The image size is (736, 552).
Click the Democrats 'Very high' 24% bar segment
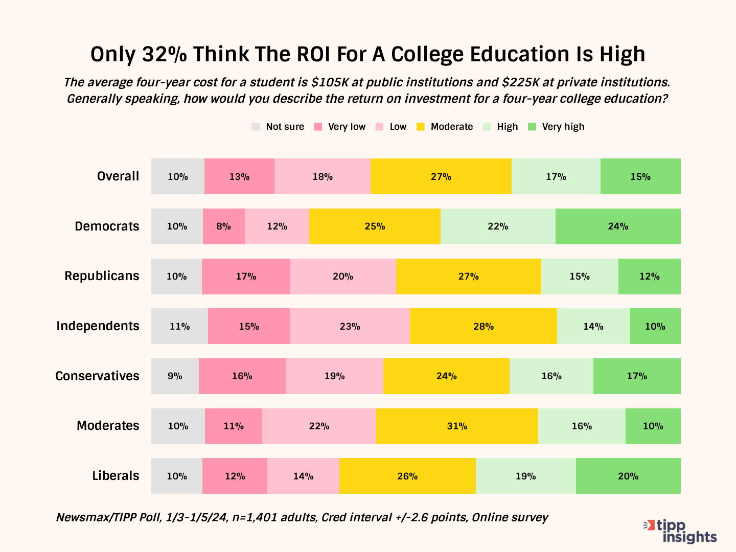618,226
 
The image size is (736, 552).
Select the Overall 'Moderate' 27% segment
441,176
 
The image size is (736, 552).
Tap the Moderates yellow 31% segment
457,426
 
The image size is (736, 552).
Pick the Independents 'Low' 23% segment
350,326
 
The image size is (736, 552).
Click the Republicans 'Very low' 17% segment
246,277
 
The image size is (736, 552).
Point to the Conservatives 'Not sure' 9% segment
175,376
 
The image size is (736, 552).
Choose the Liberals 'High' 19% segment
525,476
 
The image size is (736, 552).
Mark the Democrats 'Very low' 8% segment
223,226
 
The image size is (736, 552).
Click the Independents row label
98,326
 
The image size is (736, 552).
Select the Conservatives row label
97,376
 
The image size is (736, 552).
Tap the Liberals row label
116,476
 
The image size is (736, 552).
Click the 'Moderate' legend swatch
421,127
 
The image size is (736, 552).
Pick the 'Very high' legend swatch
532,127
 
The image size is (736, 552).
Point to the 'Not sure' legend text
285,127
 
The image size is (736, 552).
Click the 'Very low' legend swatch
318,127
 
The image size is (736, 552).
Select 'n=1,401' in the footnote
255,517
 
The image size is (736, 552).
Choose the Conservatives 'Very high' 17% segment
637,376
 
